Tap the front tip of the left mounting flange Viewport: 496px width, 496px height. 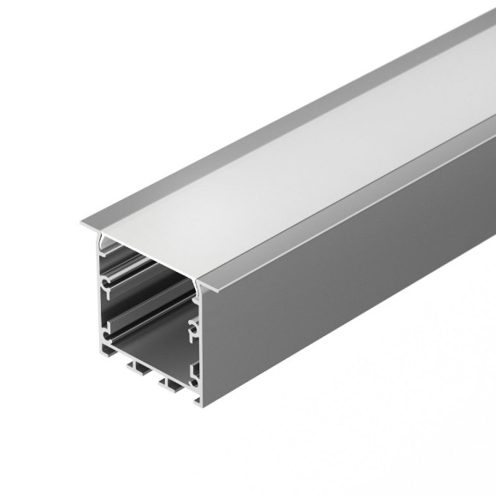84,225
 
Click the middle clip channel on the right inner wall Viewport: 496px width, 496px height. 194,326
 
